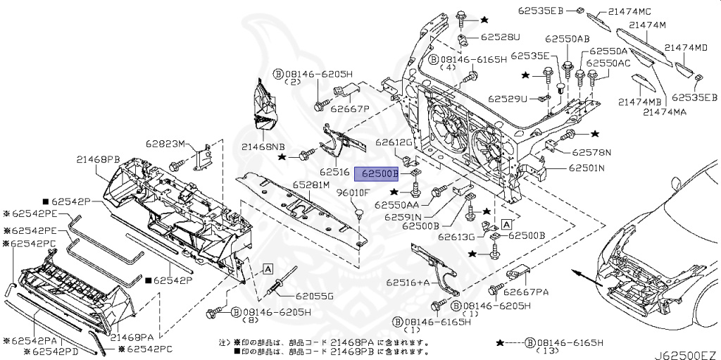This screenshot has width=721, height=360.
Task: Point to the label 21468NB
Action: pyautogui.click(x=263, y=147)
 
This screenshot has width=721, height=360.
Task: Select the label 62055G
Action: pyautogui.click(x=313, y=296)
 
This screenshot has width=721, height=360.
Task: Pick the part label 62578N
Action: pyautogui.click(x=591, y=151)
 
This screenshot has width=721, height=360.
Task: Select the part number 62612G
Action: pyautogui.click(x=393, y=142)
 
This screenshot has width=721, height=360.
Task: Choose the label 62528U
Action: pyautogui.click(x=501, y=37)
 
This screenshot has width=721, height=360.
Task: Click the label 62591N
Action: pyautogui.click(x=403, y=217)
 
